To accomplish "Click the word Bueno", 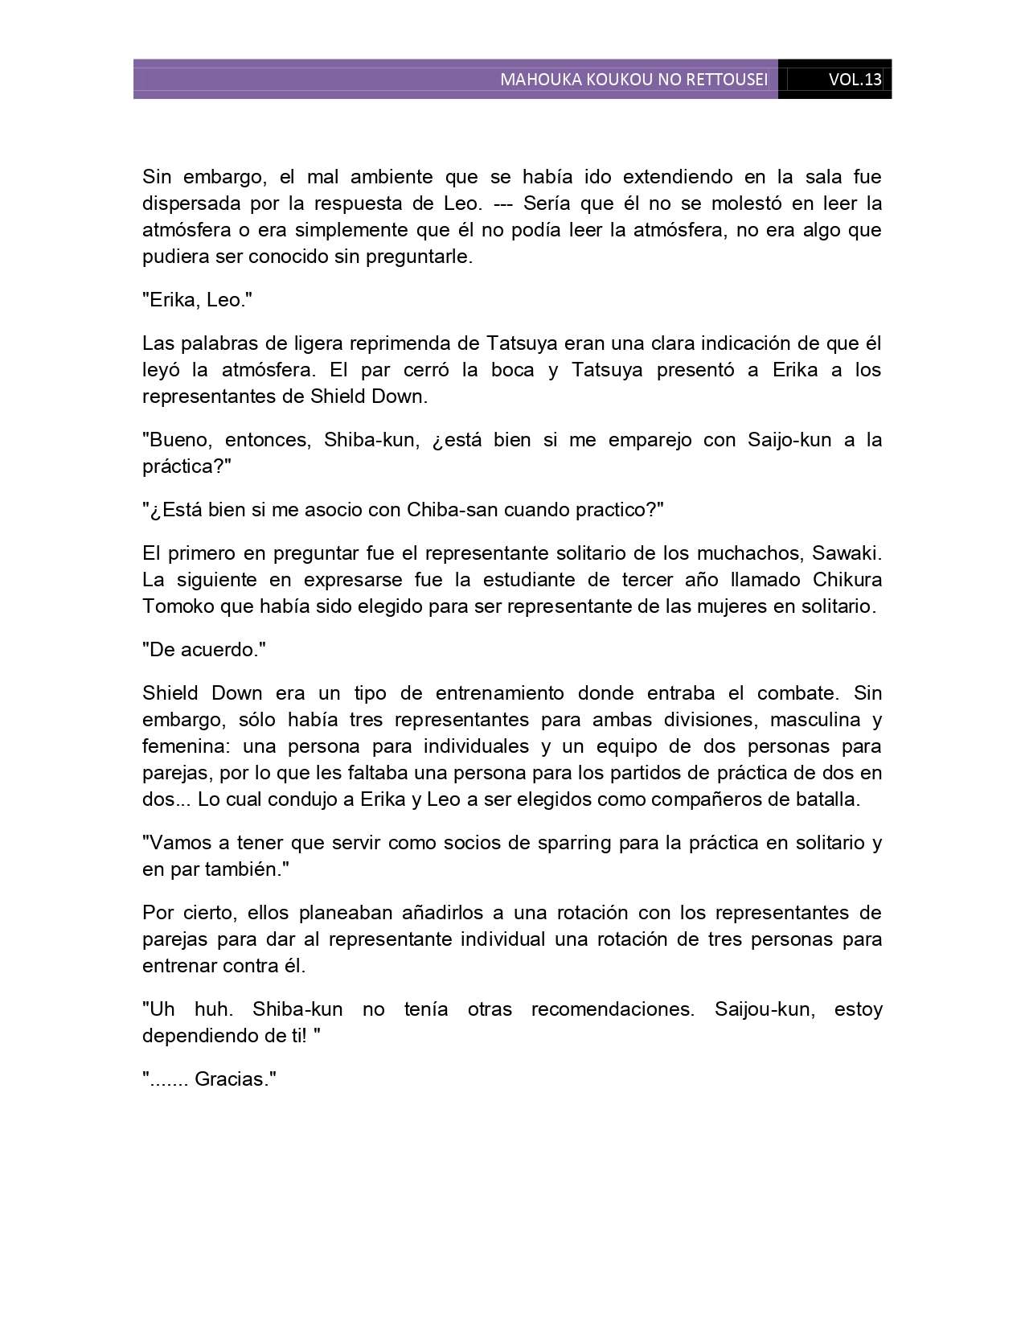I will (x=177, y=440).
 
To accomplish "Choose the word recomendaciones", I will (x=612, y=1009).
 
